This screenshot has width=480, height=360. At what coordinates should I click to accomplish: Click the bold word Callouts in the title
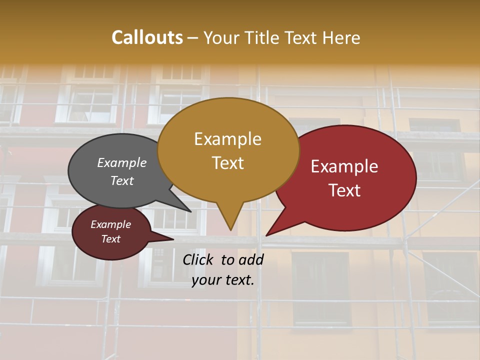[147, 37]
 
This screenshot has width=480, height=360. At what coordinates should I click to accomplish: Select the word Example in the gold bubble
[227, 139]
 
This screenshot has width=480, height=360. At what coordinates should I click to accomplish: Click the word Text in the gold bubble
[227, 163]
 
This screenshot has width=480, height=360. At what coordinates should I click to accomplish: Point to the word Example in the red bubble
[344, 166]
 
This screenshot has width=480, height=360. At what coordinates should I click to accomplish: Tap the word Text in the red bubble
[344, 190]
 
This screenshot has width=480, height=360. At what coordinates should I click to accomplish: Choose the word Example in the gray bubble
[122, 162]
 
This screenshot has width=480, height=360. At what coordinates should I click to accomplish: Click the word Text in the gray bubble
[122, 180]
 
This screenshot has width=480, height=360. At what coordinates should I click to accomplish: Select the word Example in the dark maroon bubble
[110, 224]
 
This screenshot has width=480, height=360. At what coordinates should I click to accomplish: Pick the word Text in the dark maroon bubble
[110, 239]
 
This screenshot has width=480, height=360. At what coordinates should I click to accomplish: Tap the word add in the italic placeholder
[251, 259]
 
